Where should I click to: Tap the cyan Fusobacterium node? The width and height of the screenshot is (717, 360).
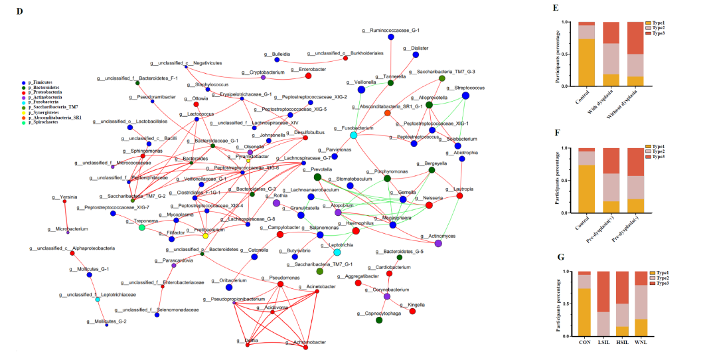coord(354,135)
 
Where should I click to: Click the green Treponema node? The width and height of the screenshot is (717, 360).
coord(141,228)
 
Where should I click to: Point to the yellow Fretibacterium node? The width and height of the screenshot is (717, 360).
coord(205,236)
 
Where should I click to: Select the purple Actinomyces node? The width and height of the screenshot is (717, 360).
coord(438,244)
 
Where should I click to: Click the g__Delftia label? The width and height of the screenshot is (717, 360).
coord(248,339)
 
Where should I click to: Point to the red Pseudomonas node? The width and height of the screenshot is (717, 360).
coord(281,284)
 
